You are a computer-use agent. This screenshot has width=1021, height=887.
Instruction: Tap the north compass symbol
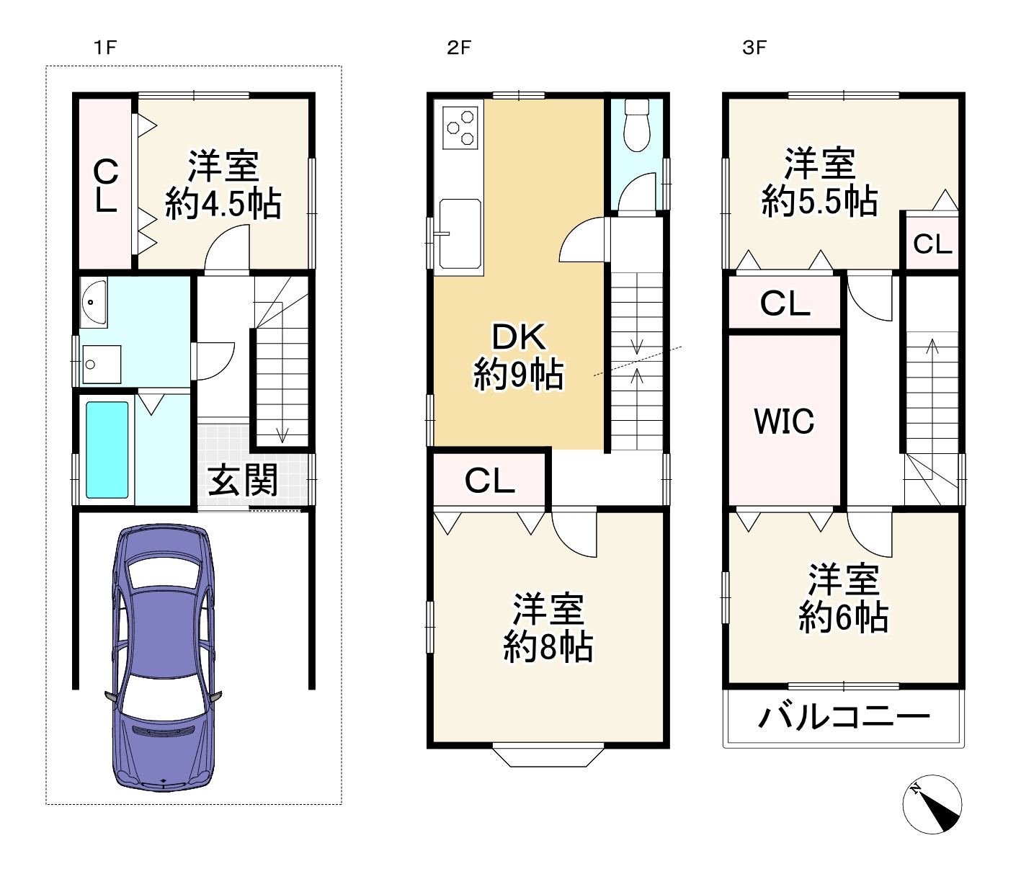pos(932,804)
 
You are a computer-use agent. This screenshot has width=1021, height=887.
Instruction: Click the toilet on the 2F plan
pos(637,125)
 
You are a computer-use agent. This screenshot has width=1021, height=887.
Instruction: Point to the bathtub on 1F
pos(107,450)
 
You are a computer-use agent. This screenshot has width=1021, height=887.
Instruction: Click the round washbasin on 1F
pos(93,302)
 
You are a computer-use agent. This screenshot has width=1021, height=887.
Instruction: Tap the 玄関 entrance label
pos(243,481)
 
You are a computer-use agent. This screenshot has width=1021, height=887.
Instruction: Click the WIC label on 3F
pos(784,422)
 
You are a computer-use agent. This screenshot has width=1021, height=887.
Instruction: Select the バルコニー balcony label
pos(844,717)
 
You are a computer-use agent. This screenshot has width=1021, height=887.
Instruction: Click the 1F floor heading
pos(105,48)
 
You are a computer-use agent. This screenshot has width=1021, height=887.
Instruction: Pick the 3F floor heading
pos(754,48)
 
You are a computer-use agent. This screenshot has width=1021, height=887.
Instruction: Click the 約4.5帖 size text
pos(223,205)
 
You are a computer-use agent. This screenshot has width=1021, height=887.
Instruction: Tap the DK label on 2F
pos(519,337)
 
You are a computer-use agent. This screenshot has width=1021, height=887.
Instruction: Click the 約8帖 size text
pos(548,647)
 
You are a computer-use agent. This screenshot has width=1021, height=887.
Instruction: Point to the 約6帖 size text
pos(843,618)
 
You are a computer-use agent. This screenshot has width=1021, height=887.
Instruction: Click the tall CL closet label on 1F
pos(106,185)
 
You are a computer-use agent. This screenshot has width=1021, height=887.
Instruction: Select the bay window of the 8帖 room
pos(548,755)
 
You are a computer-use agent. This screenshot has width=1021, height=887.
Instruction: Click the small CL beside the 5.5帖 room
pos(932,245)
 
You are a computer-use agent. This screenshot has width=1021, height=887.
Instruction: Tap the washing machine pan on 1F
pos(102,365)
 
